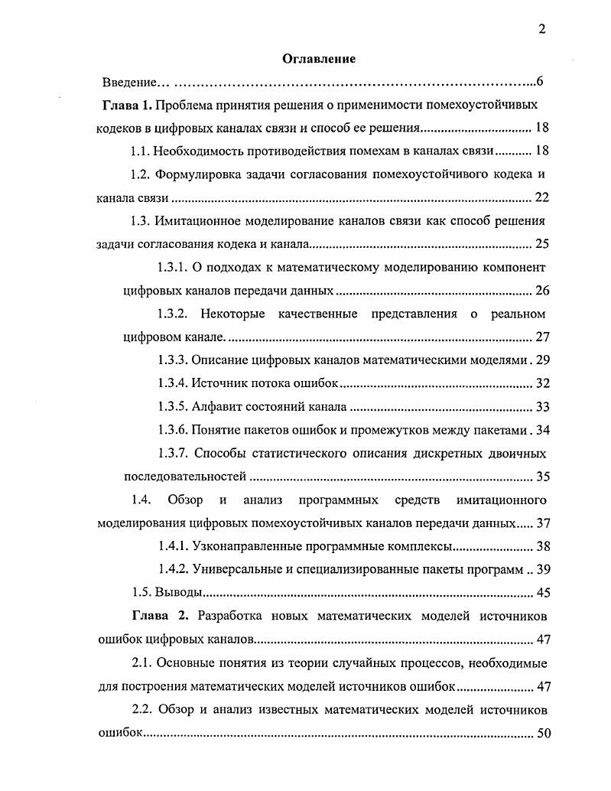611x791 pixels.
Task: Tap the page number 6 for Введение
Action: (539, 81)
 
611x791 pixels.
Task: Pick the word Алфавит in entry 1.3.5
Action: (214, 407)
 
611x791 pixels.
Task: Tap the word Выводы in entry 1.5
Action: (178, 593)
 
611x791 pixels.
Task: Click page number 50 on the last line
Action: (543, 733)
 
